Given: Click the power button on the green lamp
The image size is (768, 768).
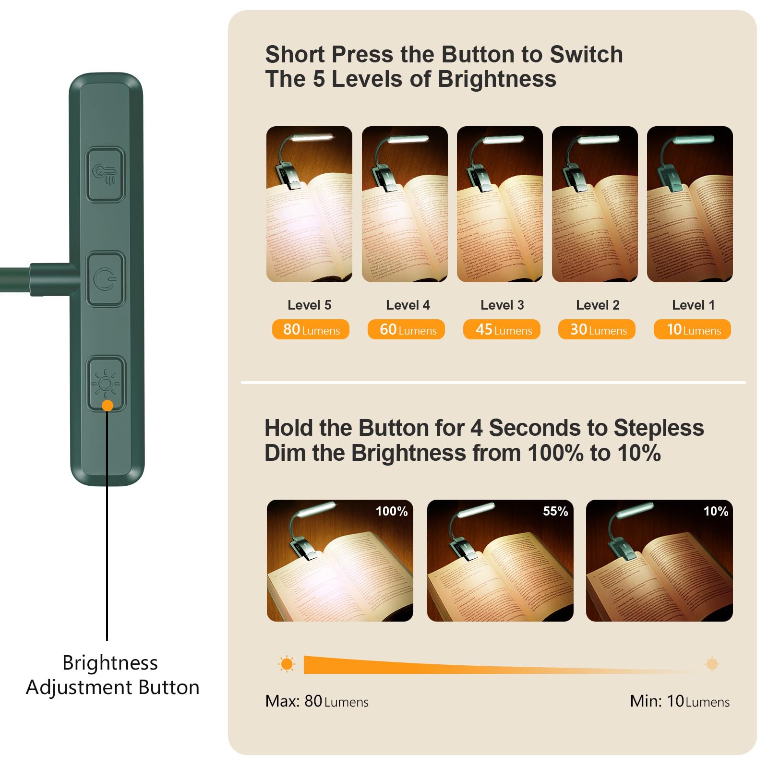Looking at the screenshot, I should point(106,279).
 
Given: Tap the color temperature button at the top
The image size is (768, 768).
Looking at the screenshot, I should point(106,174).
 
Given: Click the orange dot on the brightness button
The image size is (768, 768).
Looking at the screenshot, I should point(108,406).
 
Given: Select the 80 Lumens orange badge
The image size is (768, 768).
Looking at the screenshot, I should point(311,330).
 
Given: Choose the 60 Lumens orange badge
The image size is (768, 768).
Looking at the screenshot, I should point(406,330).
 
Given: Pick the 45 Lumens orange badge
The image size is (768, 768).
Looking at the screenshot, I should point(502,330).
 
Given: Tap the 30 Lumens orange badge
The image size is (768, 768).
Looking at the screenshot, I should point(597,330).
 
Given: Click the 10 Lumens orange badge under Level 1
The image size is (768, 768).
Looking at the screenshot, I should point(692,330).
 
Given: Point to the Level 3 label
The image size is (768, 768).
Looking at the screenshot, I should point(502,305).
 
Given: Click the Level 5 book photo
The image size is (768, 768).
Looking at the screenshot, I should point(309,204).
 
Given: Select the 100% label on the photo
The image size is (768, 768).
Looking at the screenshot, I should point(392,511).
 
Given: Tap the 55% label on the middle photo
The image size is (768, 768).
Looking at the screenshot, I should point(555,511).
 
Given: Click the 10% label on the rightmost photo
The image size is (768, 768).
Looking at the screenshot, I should point(716,511).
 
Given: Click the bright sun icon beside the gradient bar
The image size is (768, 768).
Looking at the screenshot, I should point(287,664).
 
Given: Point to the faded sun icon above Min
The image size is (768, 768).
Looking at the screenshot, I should point(712,664).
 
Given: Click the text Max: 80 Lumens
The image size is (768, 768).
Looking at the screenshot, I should point(317,701).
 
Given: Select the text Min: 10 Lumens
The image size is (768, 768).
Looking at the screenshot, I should point(680,701).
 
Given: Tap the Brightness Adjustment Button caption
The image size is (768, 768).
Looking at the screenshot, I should point(112,675).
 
